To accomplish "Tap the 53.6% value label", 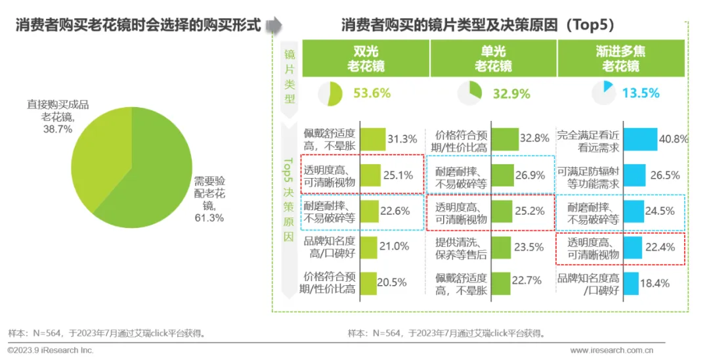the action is [x=372, y=93].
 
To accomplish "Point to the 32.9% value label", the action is [x=511, y=94].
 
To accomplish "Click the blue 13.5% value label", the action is [x=641, y=93].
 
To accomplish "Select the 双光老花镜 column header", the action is [x=366, y=58].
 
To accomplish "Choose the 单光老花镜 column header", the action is [x=493, y=58].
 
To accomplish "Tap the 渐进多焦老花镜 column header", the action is [x=621, y=58].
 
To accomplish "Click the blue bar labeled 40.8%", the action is [x=640, y=139].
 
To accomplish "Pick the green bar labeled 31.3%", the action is [x=373, y=139].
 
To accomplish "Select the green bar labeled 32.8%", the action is [x=505, y=139].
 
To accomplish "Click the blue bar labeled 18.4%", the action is [x=632, y=284].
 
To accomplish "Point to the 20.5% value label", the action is [x=391, y=282].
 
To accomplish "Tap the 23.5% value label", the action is [x=528, y=247].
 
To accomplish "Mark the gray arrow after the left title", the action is [x=274, y=25].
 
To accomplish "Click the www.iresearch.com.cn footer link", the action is [x=611, y=350].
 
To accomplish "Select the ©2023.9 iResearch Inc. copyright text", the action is [x=51, y=350].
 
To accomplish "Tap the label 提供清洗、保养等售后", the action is [x=461, y=248].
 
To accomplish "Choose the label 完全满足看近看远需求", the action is [x=588, y=141].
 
